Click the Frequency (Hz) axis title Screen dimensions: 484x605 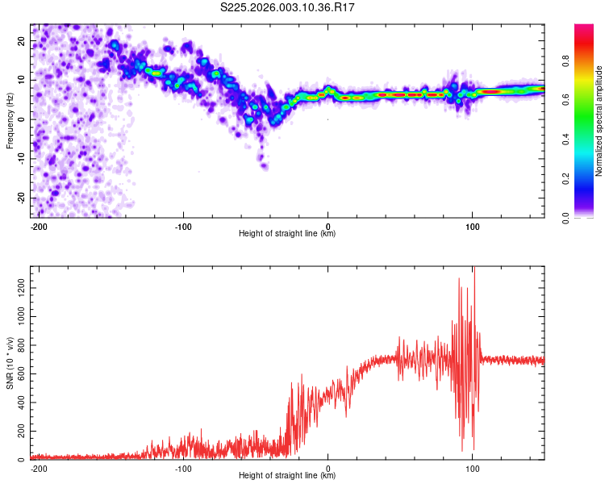(10, 120)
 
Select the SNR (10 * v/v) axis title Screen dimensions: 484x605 (10, 363)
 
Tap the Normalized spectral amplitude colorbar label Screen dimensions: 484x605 (599, 121)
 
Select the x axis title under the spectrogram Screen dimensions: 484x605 (287, 234)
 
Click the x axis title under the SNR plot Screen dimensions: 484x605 (287, 476)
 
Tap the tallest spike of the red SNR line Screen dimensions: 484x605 (474, 269)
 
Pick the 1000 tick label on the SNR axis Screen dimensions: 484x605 (17, 317)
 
